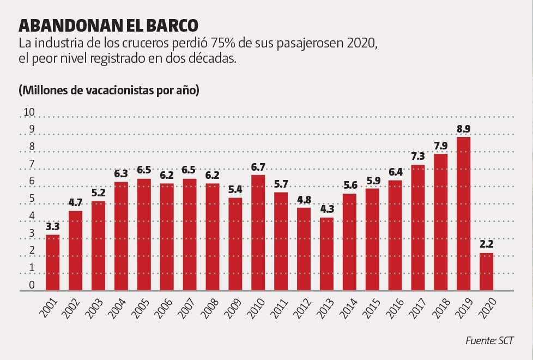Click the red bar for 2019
tap(463, 213)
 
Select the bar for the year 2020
tap(486, 271)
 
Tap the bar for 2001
tap(53, 262)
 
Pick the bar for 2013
tap(326, 254)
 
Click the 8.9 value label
tap(463, 129)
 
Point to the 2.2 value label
tap(486, 245)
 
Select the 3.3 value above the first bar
tap(53, 226)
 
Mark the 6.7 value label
tap(258, 167)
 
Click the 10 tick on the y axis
tap(28, 113)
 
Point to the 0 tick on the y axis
tap(32, 285)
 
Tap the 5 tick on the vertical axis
tap(32, 199)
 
